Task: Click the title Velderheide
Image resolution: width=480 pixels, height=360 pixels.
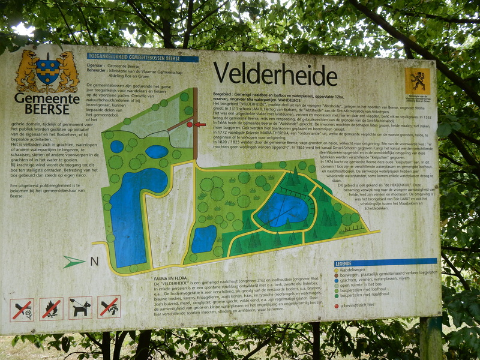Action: pos(275,74)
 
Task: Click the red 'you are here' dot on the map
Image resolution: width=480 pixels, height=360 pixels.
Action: pos(190,124)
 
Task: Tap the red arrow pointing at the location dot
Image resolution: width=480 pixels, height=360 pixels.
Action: pos(200,124)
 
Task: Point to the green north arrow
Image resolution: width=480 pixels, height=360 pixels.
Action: pos(74,262)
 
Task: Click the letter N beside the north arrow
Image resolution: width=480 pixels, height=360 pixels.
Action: pos(94,262)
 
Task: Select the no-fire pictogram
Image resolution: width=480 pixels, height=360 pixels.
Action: pos(52,308)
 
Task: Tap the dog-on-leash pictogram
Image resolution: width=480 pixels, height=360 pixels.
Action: pos(80,307)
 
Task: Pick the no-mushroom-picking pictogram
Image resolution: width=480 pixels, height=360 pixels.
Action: pos(109,306)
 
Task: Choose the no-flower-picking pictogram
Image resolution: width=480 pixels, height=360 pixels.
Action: pos(22,310)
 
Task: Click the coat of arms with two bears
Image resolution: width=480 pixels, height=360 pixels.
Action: pos(47,71)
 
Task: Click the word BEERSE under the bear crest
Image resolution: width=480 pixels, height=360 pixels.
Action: pos(47,109)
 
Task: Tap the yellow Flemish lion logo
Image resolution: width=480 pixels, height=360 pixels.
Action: pos(417,81)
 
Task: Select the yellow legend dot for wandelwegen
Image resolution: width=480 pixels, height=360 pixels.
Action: pos(338,270)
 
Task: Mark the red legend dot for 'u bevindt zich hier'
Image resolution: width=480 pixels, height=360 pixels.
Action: pos(337,305)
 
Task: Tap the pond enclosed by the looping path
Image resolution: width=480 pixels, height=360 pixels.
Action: pos(282,210)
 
